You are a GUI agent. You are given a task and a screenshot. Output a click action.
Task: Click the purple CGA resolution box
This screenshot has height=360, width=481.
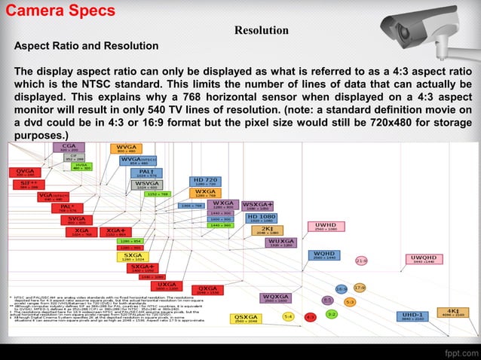[69, 148]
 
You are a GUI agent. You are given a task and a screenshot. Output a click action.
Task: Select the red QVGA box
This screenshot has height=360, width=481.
[25, 173]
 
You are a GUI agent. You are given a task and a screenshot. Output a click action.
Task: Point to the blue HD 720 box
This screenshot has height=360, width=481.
[205, 182]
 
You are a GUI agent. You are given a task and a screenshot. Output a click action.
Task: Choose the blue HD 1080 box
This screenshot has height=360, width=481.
[261, 218]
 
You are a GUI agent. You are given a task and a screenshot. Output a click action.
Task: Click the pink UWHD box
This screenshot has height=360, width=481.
[326, 227]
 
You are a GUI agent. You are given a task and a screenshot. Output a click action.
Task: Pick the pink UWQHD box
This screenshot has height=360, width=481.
[424, 259]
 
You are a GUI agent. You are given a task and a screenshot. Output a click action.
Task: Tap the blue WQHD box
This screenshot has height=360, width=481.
[325, 255]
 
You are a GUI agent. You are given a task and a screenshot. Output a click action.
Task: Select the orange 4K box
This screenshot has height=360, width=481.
[453, 312]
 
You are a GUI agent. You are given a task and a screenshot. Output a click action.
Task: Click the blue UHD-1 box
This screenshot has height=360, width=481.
[412, 316]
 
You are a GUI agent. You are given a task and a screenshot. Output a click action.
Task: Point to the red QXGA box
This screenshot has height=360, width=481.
[207, 291]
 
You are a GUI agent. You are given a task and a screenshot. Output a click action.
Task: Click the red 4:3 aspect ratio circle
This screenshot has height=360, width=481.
[309, 317]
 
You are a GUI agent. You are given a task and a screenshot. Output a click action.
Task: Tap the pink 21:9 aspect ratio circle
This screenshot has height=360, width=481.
[361, 261]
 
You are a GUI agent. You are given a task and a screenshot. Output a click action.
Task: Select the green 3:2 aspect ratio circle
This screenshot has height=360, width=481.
[332, 314]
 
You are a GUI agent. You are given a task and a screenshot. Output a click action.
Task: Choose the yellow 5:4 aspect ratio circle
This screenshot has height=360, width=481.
[288, 317]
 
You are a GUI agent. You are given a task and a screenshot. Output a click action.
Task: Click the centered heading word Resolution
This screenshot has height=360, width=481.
[261, 31]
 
